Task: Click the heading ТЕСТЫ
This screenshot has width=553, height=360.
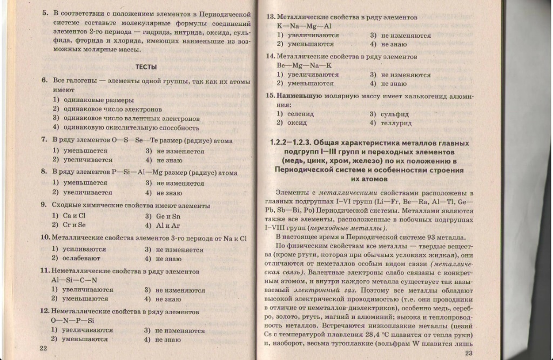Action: pos(146,67)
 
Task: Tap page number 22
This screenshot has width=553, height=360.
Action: pos(44,348)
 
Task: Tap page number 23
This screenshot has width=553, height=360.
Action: pos(468,353)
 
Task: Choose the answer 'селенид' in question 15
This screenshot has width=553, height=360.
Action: pos(301,114)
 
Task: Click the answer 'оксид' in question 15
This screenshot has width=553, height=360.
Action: pos(297,123)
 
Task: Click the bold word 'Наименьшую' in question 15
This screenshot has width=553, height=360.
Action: pos(300,96)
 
